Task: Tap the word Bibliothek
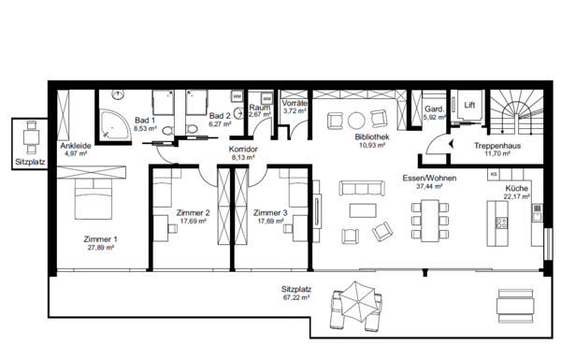(x=370, y=137)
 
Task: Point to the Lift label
(x=469, y=104)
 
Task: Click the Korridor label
(x=243, y=149)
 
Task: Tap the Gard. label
(x=434, y=109)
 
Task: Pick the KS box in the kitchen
(x=493, y=175)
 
